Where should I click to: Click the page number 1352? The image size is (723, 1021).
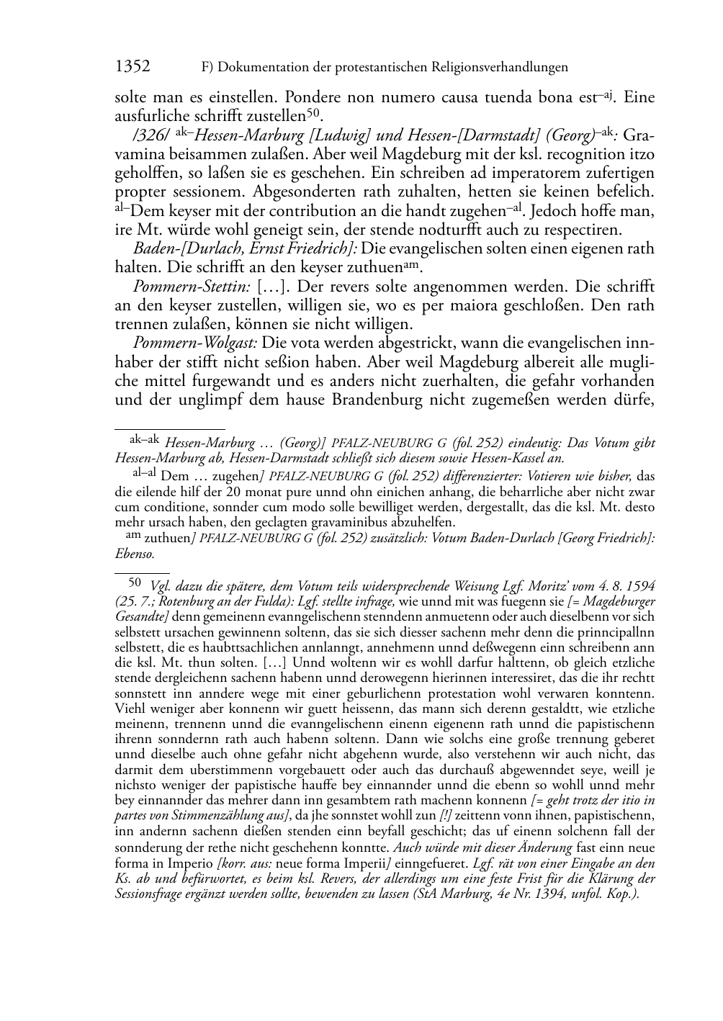[x=133, y=67]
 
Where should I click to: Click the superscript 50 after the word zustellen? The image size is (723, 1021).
[x=313, y=112]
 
